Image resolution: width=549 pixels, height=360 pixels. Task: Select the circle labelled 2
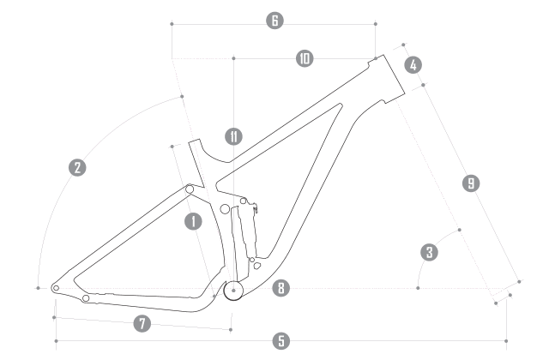pos(77,168)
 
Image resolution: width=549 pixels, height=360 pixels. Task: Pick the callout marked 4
pos(412,64)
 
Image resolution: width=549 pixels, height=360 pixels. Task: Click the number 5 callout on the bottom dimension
pos(281,341)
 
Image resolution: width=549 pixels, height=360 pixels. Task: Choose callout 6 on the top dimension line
pos(274,20)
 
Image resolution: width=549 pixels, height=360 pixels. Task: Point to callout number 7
pos(142,323)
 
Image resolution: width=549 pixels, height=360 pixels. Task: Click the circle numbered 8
pos(280,288)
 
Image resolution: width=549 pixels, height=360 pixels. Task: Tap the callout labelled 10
pos(305,59)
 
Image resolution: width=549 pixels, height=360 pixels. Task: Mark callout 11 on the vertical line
pos(232,135)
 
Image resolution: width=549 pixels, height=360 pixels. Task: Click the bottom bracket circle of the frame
pos(232,291)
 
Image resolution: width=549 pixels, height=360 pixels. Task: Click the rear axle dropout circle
pos(56,289)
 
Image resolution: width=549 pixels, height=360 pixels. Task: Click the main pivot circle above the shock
pos(226,207)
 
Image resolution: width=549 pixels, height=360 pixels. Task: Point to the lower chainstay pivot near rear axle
pos(85,299)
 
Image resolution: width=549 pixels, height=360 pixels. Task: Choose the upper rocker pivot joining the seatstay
pos(189,189)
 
